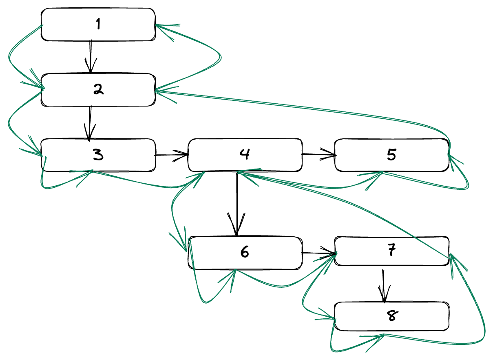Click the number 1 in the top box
(98, 24)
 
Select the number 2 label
(98, 90)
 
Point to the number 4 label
(245, 154)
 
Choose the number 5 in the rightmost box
(391, 155)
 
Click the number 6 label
(245, 253)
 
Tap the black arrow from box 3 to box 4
(171, 155)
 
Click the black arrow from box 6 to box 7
(318, 253)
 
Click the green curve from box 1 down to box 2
(12, 57)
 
